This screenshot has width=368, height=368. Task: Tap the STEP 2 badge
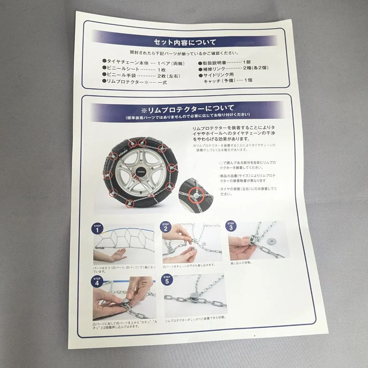pos(166,226)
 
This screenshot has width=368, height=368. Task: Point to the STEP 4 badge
pos(97,282)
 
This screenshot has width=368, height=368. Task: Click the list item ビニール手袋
pos(119,75)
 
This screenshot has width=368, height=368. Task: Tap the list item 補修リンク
pos(214,69)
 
